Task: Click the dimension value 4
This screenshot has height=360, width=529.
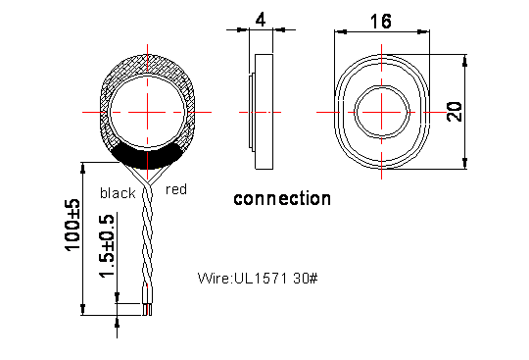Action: click(x=261, y=20)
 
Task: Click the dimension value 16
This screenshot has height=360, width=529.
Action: click(x=381, y=22)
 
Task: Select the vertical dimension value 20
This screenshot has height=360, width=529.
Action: click(x=455, y=112)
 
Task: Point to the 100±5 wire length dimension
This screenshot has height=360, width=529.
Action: click(x=72, y=225)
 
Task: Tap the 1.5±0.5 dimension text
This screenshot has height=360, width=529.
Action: click(x=107, y=245)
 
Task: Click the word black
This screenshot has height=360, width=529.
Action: click(x=118, y=193)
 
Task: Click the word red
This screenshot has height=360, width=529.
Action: click(x=176, y=189)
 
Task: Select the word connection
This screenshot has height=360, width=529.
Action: click(x=282, y=198)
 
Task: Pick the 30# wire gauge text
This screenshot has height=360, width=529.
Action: click(x=306, y=279)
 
